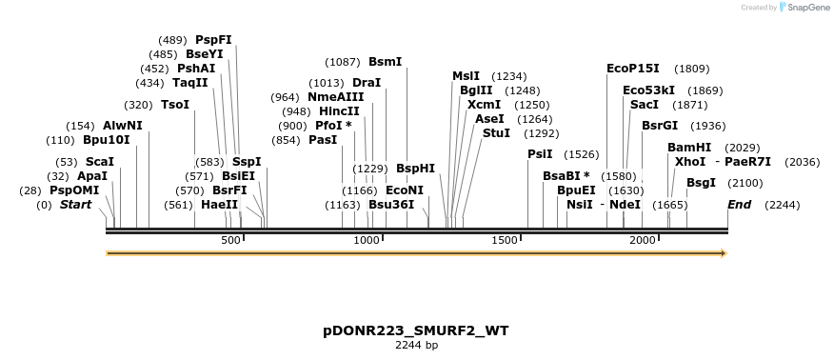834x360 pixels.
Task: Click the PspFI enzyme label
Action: (213, 40)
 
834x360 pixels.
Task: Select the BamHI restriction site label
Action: (689, 148)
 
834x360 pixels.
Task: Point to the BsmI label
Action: (385, 62)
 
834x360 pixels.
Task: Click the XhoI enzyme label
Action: (690, 162)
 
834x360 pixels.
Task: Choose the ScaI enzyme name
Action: (99, 162)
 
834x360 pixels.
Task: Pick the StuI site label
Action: (496, 133)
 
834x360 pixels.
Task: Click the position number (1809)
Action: (691, 69)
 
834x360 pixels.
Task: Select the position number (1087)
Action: (343, 62)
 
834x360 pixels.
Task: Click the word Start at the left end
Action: (78, 205)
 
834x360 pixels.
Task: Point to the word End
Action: (740, 205)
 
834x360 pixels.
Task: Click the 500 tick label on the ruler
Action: (231, 241)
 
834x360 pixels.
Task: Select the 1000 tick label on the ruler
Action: (367, 241)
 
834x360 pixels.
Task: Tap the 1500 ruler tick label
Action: (505, 241)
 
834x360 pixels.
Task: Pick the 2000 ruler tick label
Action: (643, 241)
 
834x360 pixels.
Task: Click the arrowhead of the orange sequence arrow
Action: (724, 253)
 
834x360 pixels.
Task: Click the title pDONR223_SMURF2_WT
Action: (416, 330)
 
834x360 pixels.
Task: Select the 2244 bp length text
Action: (416, 345)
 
